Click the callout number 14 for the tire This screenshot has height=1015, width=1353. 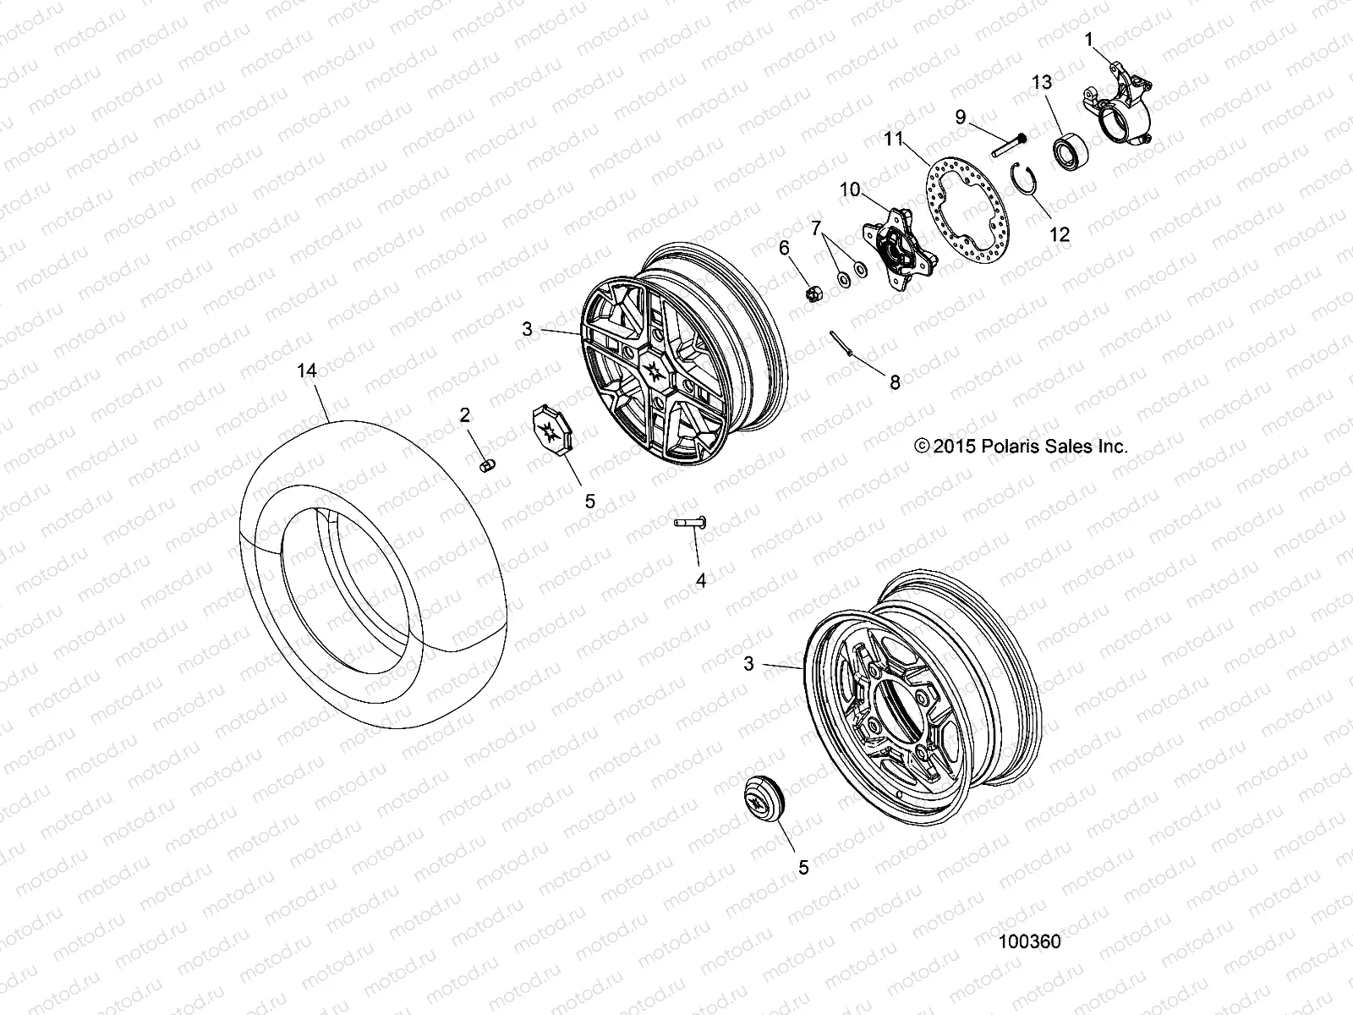pyautogui.click(x=307, y=370)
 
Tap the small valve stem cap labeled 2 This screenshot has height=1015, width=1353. pyautogui.click(x=486, y=466)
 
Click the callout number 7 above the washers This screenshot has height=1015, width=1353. pyautogui.click(x=816, y=228)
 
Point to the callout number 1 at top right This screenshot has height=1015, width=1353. pyautogui.click(x=1089, y=39)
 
